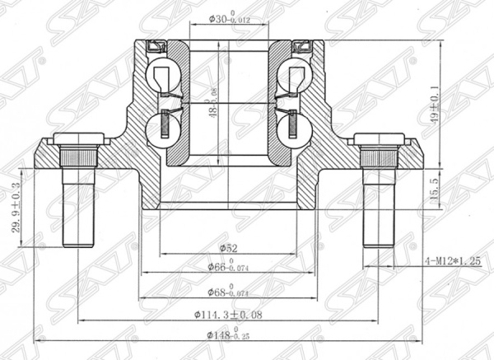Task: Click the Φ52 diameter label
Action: [x=228, y=247]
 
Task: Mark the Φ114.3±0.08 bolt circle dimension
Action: [x=227, y=316]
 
